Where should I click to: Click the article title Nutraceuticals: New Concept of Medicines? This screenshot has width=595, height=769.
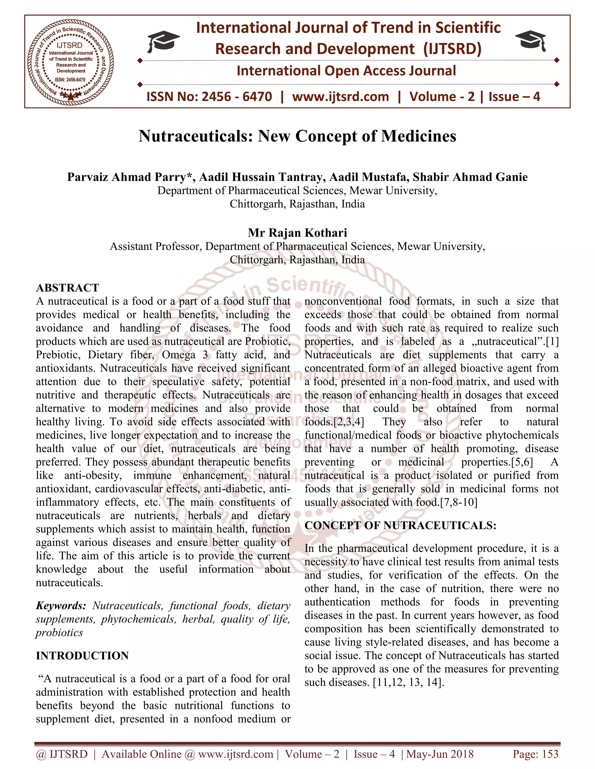[297, 136]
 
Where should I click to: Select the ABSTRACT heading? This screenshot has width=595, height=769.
[67, 288]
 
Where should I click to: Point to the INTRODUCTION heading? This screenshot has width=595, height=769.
[82, 656]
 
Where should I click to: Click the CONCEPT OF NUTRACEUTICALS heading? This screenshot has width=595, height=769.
[400, 525]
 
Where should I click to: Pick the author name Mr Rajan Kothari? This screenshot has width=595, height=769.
[297, 233]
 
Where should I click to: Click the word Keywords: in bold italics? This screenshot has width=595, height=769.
[61, 606]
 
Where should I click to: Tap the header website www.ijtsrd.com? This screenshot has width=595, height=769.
[340, 96]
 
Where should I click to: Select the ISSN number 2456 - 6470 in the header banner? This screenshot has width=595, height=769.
[236, 96]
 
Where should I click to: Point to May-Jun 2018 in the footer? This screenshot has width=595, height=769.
[440, 754]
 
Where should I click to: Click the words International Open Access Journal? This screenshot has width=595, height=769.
[346, 71]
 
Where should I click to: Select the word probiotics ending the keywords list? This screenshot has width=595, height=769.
[59, 632]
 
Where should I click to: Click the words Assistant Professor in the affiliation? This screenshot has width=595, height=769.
[155, 246]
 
